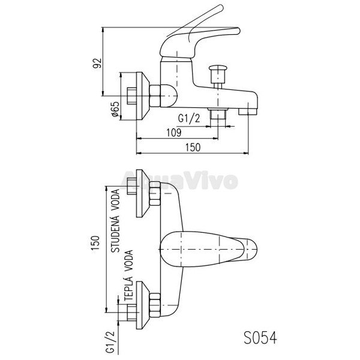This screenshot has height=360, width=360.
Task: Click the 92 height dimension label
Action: coord(97,63)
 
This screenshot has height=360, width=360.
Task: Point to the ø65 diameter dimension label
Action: coord(115,109)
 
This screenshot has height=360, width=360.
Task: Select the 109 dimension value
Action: coord(174,133)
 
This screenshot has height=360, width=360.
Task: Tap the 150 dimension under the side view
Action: coord(193,147)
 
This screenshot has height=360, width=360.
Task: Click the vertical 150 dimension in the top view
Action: coord(96,244)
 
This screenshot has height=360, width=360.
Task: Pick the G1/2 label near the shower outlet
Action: coord(189,119)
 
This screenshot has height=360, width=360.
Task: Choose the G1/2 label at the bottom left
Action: coord(110,341)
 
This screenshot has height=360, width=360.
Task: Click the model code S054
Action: coord(260,338)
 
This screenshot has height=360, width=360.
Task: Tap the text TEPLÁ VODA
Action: coord(128,275)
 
